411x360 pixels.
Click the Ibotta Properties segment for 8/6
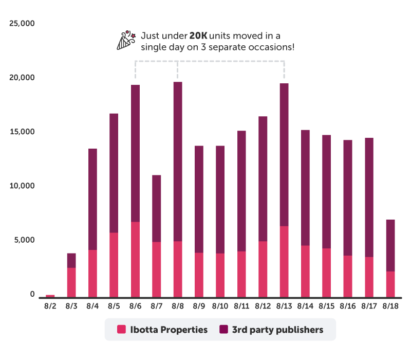point(135,259)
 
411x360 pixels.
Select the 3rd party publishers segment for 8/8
point(178,161)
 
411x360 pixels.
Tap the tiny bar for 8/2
point(50,296)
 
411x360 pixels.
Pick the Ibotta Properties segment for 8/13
point(284,261)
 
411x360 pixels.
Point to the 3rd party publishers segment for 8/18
point(390,245)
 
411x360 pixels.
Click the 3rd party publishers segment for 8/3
point(71,260)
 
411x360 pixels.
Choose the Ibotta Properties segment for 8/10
point(220,275)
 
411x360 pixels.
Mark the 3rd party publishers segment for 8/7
point(156,208)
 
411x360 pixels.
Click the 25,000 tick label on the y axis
point(22,24)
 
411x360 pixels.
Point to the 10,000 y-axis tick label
point(22,186)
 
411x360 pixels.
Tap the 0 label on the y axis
point(32,294)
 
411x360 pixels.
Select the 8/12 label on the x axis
point(263,306)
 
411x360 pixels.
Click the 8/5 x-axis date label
point(114,306)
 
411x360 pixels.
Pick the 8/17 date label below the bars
point(369,306)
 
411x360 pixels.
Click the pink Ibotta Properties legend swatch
point(122,330)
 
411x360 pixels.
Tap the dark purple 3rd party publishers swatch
point(223,330)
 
